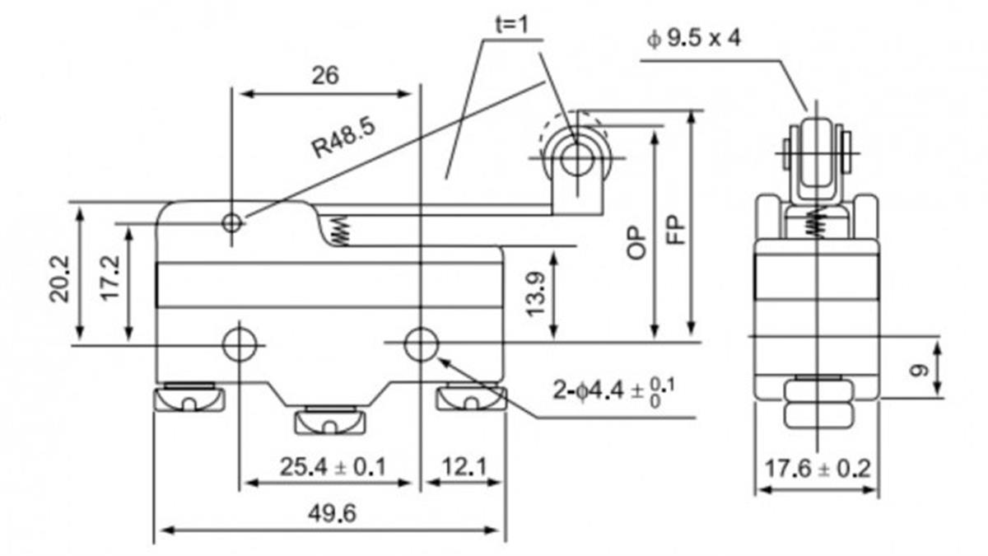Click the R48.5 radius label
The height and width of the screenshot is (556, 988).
(344, 138)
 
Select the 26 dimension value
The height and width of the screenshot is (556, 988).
(325, 76)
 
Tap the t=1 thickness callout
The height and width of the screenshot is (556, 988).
(511, 25)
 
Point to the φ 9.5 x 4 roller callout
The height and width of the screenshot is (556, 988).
(694, 39)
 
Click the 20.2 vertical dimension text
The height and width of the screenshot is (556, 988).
(59, 279)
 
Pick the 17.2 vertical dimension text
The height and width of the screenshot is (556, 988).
(110, 278)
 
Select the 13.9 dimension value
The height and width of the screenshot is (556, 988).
(536, 294)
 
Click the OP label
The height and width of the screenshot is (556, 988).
(636, 243)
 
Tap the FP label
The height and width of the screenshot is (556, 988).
(675, 230)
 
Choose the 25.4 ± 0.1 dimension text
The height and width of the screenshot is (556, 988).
(333, 466)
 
